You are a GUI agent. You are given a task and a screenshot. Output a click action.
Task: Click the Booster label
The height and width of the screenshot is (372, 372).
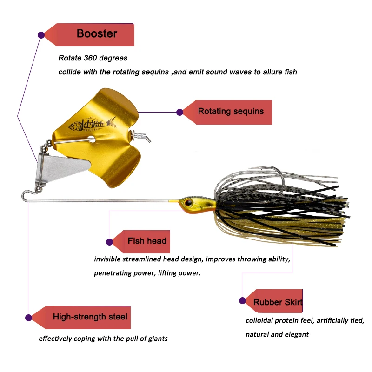coord(97,34)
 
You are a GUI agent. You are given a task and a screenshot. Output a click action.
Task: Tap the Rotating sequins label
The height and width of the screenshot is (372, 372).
coord(231,111)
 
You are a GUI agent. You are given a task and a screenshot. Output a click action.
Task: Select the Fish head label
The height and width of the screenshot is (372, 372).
coord(146,241)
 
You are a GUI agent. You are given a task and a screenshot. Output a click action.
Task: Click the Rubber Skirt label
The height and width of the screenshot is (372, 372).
coord(278,302)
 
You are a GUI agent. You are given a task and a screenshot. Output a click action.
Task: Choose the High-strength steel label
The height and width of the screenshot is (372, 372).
coord(90,317)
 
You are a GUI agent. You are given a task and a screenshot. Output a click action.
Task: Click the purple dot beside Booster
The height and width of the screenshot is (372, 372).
coord(41,34)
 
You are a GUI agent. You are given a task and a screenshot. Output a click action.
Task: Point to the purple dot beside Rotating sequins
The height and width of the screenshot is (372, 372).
coord(180,112)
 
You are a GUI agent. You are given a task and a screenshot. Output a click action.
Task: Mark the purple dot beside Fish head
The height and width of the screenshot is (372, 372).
coord(110,242)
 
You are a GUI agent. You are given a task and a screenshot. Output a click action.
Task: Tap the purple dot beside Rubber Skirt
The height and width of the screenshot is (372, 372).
coord(242,301)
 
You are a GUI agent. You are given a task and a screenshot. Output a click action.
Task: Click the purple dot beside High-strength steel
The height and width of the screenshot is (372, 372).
coord(28,318)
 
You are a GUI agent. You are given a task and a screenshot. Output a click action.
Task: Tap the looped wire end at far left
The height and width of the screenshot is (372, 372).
coord(26,193)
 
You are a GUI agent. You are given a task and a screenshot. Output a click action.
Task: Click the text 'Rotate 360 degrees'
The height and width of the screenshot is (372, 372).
coord(93,59)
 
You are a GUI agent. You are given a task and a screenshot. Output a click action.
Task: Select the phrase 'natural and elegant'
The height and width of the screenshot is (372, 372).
coord(277,334)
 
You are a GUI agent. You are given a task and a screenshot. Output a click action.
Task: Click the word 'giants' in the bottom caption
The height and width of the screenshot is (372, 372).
coord(157,339)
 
